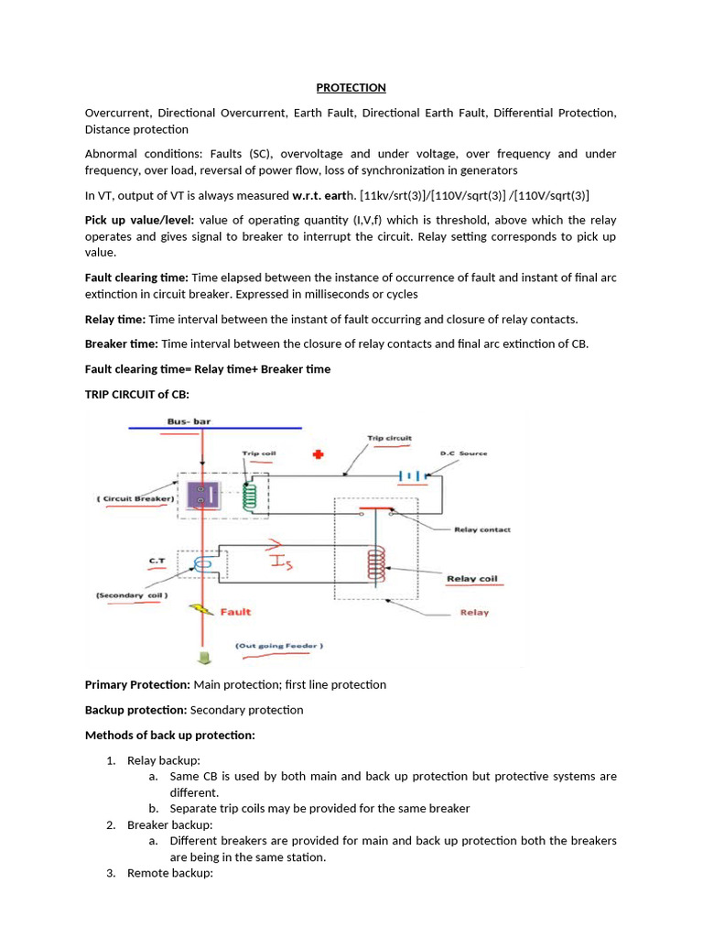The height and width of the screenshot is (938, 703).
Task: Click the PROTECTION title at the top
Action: pos(351,88)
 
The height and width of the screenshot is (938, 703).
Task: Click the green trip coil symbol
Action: pos(247,496)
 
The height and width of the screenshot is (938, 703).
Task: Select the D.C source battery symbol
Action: pos(413,475)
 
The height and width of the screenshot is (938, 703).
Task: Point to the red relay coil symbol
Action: pos(374,565)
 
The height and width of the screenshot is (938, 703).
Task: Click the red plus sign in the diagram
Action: pos(319,454)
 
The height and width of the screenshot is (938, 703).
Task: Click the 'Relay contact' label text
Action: pos(481,529)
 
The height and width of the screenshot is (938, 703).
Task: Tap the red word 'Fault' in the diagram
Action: pos(235,611)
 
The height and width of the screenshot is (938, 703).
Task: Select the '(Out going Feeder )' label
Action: pos(279,646)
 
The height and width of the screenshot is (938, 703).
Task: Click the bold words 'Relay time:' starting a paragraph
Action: pos(114,319)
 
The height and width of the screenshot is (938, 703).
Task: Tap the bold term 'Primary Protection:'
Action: pos(137,684)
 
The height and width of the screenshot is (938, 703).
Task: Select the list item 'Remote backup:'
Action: pos(169,874)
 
